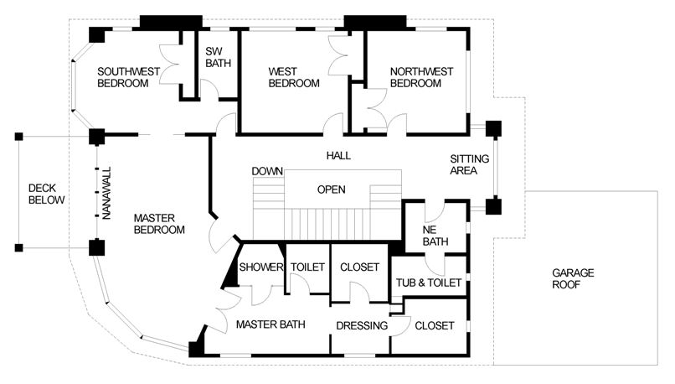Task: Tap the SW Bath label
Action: click(x=218, y=57)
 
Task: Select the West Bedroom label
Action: click(x=294, y=77)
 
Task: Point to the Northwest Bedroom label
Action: click(x=421, y=77)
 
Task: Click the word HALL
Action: click(x=338, y=156)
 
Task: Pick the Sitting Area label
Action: click(x=470, y=164)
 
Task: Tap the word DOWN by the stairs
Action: click(x=267, y=171)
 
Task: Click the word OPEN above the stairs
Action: click(x=331, y=189)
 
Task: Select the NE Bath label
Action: click(x=435, y=236)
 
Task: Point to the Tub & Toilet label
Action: click(x=429, y=283)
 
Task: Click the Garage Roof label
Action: click(x=573, y=278)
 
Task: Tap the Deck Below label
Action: click(x=47, y=194)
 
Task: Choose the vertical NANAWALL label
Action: click(x=106, y=193)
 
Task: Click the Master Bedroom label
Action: click(x=159, y=224)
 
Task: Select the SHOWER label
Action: click(x=261, y=267)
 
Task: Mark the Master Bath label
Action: click(x=271, y=324)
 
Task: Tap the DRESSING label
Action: click(x=362, y=325)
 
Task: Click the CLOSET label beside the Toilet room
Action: click(x=359, y=267)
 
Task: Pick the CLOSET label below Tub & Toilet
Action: click(x=435, y=325)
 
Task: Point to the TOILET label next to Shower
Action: click(x=307, y=267)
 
